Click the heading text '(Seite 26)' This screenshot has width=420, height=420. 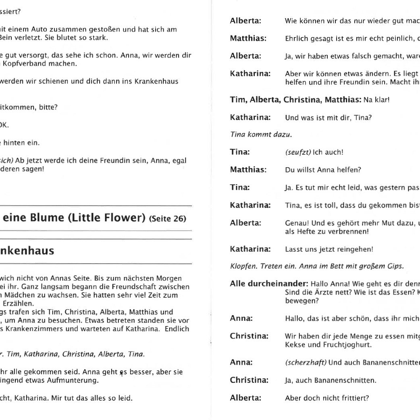coord(168,219)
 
